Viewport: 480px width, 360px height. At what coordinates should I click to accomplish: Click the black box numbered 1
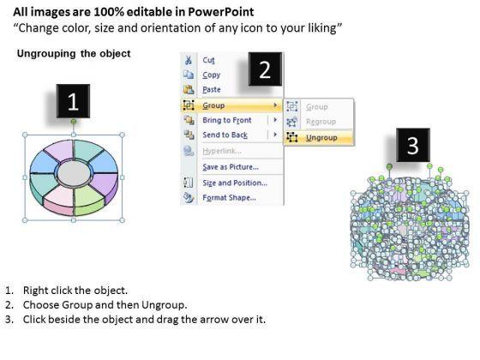pyautogui.click(x=73, y=101)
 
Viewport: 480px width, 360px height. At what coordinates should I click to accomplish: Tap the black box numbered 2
pyautogui.click(x=265, y=69)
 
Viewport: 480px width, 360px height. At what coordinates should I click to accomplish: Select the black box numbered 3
pyautogui.click(x=413, y=145)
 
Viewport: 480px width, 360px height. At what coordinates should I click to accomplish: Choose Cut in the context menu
pyautogui.click(x=208, y=60)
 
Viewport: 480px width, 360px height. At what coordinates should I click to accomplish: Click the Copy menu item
pyautogui.click(x=211, y=75)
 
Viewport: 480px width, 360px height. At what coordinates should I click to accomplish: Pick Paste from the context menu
pyautogui.click(x=212, y=89)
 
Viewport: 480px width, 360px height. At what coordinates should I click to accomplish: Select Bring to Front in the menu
pyautogui.click(x=227, y=120)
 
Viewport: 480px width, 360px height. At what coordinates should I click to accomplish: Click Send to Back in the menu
pyautogui.click(x=225, y=135)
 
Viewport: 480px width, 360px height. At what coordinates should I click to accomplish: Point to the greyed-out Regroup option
pyautogui.click(x=321, y=122)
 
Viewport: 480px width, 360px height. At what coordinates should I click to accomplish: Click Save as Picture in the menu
pyautogui.click(x=231, y=167)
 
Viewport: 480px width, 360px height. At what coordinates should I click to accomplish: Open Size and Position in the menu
pyautogui.click(x=235, y=183)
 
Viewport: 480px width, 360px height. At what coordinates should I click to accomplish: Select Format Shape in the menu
pyautogui.click(x=229, y=197)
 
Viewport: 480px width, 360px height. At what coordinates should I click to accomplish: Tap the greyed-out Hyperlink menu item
pyautogui.click(x=222, y=151)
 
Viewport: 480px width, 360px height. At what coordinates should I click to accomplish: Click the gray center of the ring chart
pyautogui.click(x=74, y=173)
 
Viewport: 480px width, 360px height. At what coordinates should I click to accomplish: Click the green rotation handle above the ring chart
pyautogui.click(x=74, y=122)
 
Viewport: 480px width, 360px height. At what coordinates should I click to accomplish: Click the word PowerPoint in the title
pyautogui.click(x=220, y=12)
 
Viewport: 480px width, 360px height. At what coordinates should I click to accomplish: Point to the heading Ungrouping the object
pyautogui.click(x=74, y=53)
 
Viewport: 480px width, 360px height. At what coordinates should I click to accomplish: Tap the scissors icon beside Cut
pyautogui.click(x=189, y=60)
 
